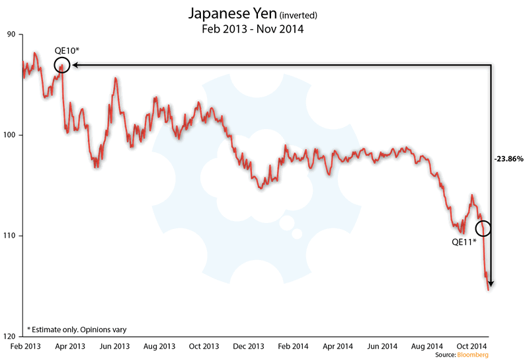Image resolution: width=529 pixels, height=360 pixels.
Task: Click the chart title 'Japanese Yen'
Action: [226, 13]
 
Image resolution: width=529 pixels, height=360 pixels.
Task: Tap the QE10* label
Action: [67, 51]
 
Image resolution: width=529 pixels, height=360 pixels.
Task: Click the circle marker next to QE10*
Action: [61, 66]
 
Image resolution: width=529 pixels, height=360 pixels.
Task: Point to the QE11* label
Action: [465, 242]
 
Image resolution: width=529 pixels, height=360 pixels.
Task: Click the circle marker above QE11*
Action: [483, 228]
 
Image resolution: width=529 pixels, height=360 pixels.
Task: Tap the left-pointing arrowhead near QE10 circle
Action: [74, 66]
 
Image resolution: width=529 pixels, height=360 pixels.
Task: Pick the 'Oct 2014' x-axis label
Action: [472, 346]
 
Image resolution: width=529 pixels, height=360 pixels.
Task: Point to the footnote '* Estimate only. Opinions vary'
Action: [77, 329]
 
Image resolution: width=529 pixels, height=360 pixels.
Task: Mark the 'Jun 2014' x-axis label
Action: [382, 346]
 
